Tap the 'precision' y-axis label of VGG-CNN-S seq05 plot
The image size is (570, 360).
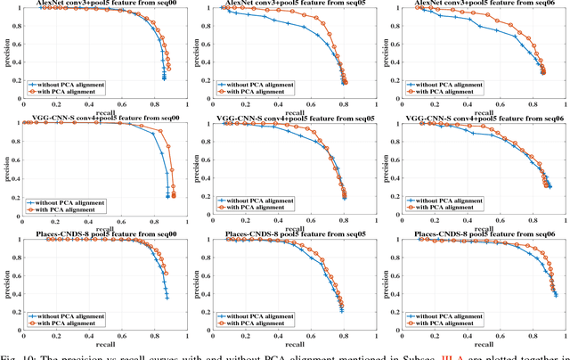197,163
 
